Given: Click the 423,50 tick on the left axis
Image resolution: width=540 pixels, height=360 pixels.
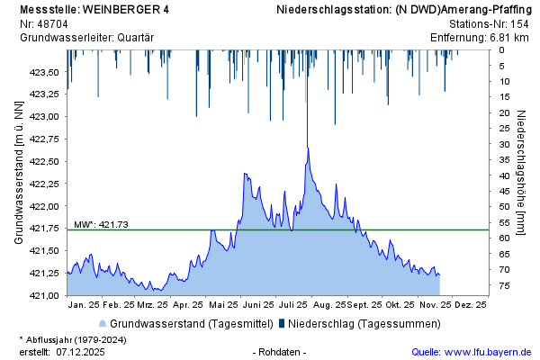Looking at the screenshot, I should (x=45, y=72).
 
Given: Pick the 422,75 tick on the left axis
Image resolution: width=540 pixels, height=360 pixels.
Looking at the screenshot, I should (x=45, y=139).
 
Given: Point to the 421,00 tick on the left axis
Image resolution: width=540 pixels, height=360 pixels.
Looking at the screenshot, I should (x=45, y=295).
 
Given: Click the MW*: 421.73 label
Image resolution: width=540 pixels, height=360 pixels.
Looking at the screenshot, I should (x=101, y=224).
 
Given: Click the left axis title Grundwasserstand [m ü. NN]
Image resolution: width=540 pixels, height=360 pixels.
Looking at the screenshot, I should (x=19, y=172).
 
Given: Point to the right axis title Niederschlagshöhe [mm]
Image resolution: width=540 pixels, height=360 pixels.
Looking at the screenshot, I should (x=523, y=172).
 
